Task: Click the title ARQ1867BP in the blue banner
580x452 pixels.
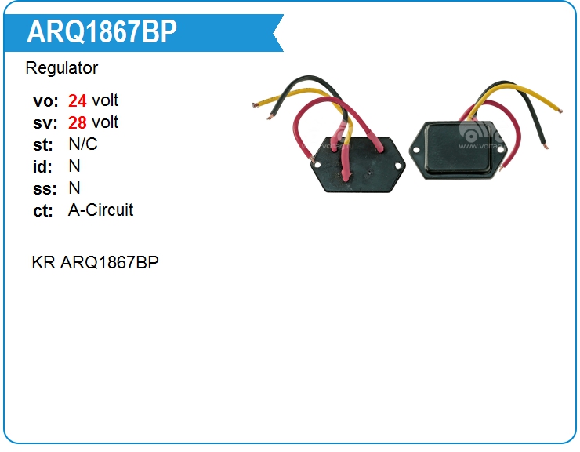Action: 102,32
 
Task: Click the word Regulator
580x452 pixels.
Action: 62,68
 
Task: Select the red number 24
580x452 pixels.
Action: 78,100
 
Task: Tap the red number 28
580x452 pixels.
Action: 78,122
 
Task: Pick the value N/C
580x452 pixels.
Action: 83,144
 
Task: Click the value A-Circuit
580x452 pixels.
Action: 101,210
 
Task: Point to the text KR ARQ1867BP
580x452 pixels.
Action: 95,262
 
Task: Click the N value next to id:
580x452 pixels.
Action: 74,166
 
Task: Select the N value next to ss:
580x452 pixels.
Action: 74,188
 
